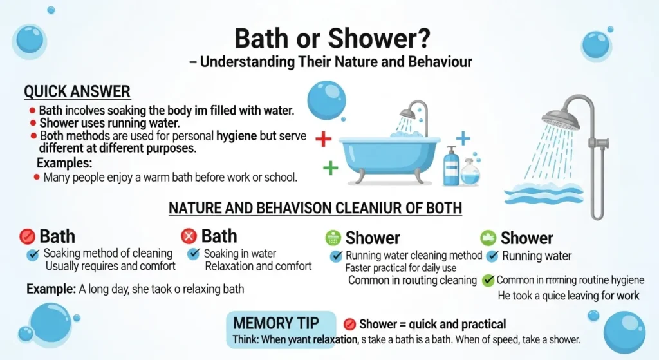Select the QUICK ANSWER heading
77,91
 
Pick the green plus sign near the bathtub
330,169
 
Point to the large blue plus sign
463,137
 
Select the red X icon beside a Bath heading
189,236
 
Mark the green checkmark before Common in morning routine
488,280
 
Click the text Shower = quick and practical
432,324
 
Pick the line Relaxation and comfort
258,266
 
